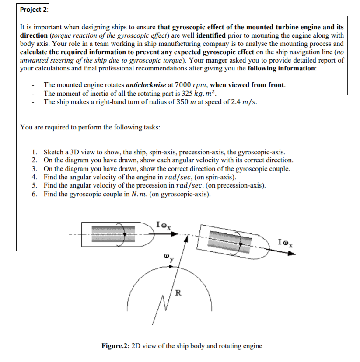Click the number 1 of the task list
click(34, 152)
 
